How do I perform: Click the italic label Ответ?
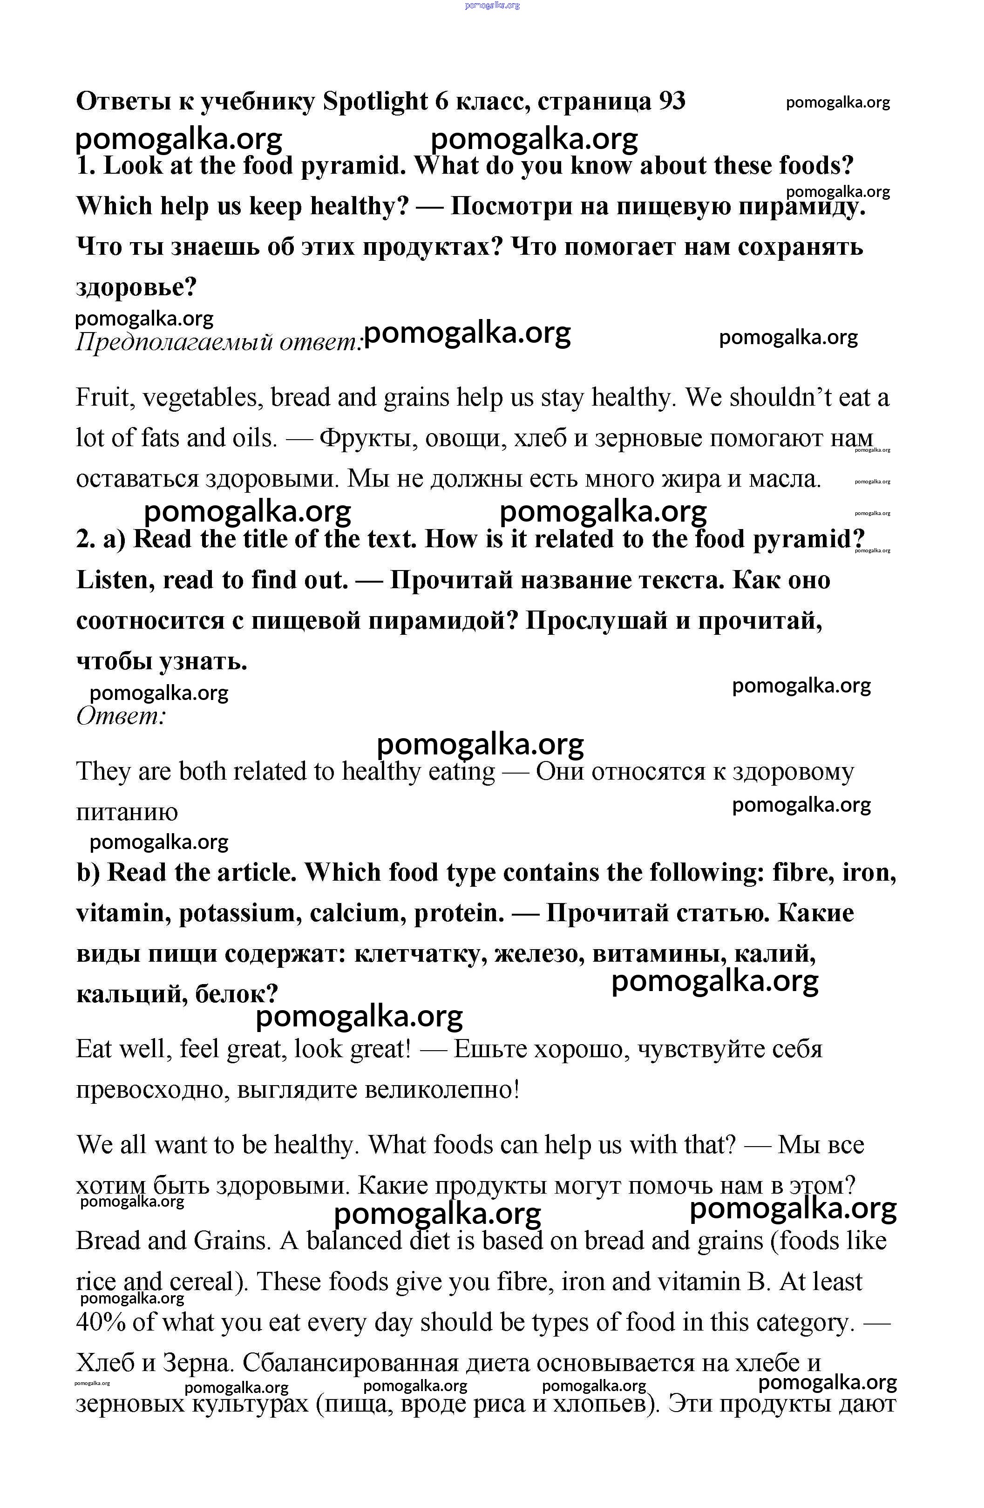click(x=121, y=717)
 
